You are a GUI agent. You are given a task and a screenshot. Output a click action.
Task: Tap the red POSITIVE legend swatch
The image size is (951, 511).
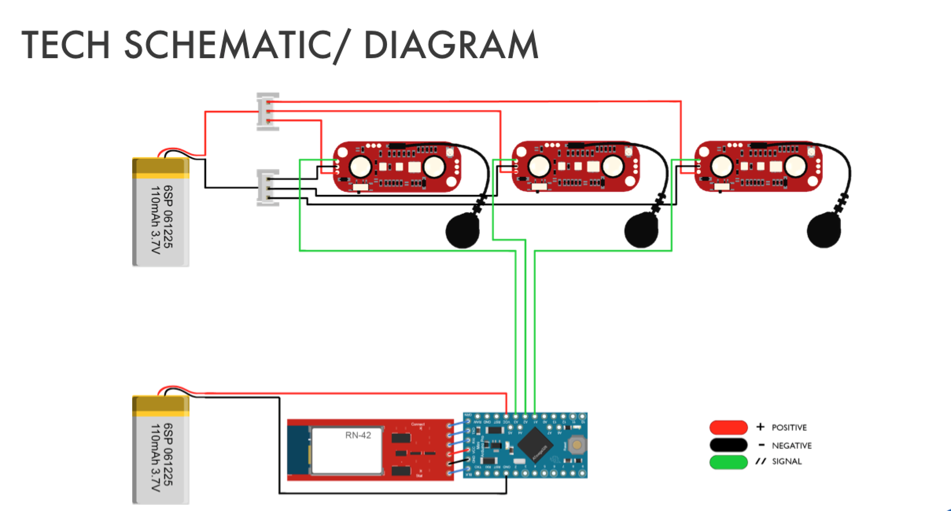tap(728, 428)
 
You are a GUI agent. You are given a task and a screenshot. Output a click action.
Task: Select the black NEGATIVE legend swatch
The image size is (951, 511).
tap(728, 445)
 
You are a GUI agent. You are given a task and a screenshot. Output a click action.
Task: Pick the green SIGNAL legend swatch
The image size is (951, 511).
tap(728, 462)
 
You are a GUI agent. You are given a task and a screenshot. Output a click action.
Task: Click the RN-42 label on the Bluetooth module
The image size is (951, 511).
tap(358, 435)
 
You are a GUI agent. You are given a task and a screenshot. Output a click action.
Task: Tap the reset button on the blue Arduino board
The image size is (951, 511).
tap(577, 445)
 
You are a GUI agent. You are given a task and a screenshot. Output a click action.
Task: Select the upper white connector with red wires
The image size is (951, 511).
tap(268, 112)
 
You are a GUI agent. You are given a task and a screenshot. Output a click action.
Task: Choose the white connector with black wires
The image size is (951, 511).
tap(268, 188)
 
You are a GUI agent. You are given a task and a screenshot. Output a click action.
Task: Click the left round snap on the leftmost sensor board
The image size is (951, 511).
tap(360, 167)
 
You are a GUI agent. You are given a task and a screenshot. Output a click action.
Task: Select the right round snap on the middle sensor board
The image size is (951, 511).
tap(613, 167)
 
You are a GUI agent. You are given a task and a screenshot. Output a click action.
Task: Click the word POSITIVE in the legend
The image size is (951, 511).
tap(789, 428)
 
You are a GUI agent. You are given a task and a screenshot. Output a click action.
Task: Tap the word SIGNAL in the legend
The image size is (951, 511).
tap(787, 461)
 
